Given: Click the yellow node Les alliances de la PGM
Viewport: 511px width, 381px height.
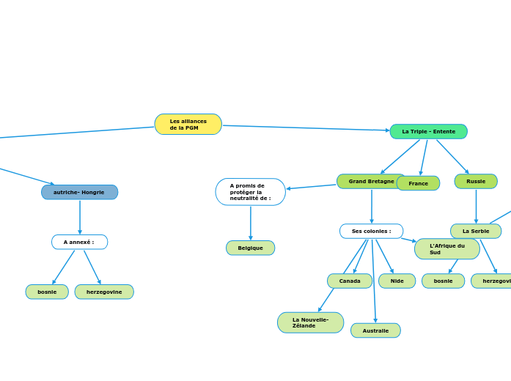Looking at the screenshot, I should tap(188, 125).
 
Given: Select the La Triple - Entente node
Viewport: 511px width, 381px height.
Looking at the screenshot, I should tap(428, 132).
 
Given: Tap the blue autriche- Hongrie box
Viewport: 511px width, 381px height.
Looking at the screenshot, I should tap(79, 192).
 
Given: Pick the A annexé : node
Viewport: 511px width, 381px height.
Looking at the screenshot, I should tap(79, 242).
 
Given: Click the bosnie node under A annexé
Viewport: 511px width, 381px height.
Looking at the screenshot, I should tap(47, 292).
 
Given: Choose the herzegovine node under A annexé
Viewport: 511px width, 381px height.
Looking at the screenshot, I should tap(104, 292).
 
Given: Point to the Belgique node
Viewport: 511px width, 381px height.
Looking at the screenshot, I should tap(250, 248).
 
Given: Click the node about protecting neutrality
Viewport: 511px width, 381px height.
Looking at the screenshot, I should tap(250, 192).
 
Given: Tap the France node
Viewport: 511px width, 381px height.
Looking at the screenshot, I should tap(418, 183).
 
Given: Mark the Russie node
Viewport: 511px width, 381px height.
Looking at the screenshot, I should tap(476, 181).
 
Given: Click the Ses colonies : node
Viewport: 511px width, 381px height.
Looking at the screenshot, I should tap(371, 231).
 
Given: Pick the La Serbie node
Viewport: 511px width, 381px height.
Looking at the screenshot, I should tap(476, 231).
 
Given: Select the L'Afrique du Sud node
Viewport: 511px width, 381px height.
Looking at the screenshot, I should tap(446, 249).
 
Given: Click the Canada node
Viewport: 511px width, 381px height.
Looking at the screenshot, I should tap(350, 281).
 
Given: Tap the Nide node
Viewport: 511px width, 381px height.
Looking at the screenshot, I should tap(397, 281).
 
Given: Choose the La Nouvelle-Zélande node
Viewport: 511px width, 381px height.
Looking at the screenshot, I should tap(310, 322).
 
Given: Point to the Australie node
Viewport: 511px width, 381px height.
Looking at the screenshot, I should tap(375, 330).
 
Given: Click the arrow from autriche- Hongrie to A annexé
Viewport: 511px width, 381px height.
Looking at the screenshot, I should tap(80, 217).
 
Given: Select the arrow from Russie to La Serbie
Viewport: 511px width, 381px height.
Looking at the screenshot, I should tap(476, 206).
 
